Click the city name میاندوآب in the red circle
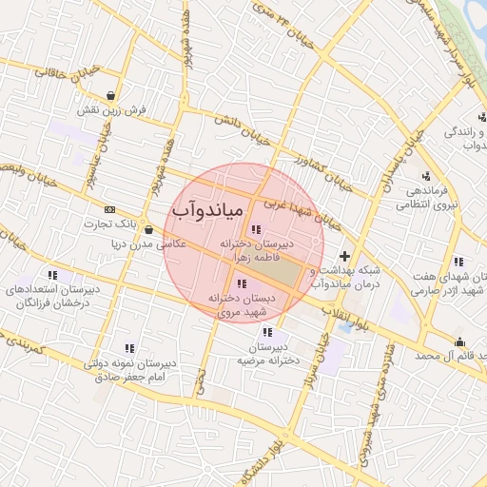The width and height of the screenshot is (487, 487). click(x=209, y=208)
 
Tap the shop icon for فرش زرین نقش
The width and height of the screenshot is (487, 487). click(x=113, y=95)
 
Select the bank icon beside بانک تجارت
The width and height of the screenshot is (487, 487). click(x=110, y=209)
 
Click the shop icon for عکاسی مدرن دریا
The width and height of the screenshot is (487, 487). click(x=148, y=229)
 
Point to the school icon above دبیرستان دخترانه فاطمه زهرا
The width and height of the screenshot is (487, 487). click(x=255, y=229)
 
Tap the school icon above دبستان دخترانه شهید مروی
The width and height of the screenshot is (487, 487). click(x=242, y=283)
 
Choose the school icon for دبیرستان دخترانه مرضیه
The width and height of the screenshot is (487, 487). click(x=267, y=332)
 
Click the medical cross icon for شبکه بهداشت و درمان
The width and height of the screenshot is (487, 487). click(x=344, y=257)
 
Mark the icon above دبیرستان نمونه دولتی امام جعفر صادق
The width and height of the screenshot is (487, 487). click(x=129, y=348)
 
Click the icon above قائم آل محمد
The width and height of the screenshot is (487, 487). click(x=459, y=341)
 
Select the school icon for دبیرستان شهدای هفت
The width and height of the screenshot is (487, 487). click(x=458, y=262)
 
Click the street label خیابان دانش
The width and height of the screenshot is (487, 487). click(x=228, y=123)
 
